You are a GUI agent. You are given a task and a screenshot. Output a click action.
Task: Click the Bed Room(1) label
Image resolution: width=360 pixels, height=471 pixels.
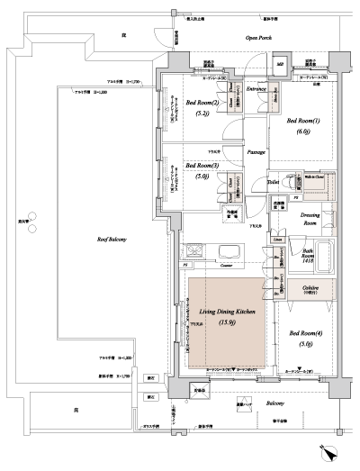[303, 124]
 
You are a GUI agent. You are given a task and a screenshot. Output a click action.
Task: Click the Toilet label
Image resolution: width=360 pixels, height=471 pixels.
[273, 182]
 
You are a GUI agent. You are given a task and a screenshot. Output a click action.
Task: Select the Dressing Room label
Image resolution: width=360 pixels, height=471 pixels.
[311, 219]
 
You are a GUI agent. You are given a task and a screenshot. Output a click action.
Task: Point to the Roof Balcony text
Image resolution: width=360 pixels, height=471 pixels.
[112, 239]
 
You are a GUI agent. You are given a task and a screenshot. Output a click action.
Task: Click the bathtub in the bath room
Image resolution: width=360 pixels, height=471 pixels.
[323, 256]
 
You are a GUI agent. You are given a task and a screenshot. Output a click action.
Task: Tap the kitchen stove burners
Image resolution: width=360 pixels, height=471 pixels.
[195, 251]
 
